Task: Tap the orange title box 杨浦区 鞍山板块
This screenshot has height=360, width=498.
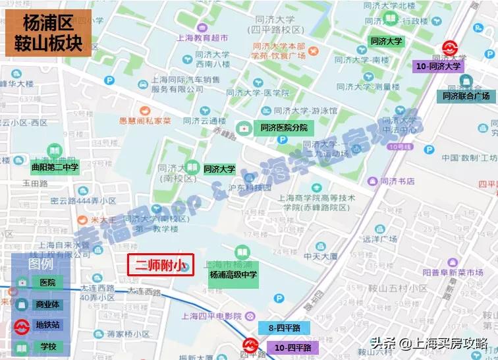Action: point(47,32)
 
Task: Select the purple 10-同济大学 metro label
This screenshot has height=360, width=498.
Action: point(439,66)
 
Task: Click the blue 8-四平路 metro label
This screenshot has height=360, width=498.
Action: point(284,328)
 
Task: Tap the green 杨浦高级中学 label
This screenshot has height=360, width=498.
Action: point(233,274)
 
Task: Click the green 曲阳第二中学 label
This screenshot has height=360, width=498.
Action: point(55,167)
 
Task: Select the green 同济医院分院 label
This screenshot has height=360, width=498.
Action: point(283,127)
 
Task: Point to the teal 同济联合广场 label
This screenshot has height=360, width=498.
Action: point(466,96)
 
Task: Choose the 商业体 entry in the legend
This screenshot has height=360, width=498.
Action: point(47,304)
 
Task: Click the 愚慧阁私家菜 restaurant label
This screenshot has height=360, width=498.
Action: point(144,121)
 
